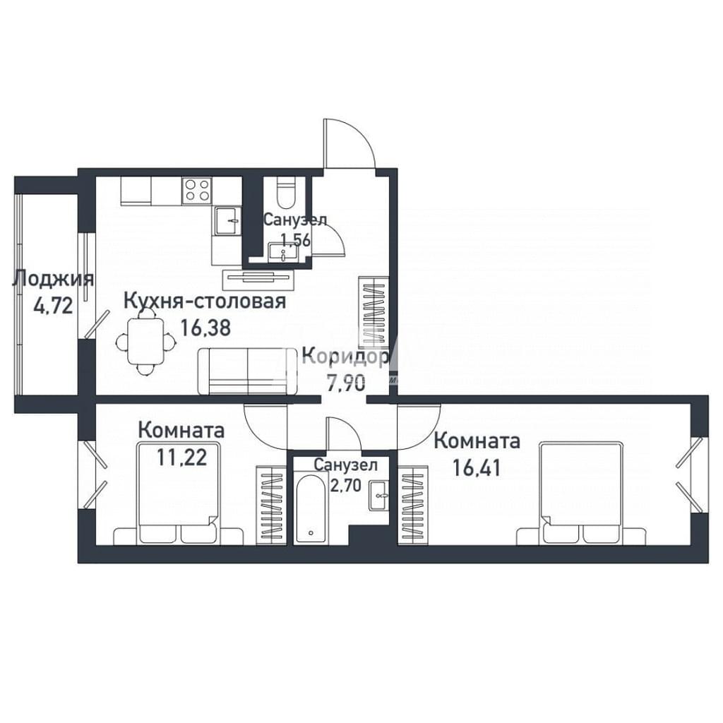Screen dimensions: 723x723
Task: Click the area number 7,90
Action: (x=345, y=383)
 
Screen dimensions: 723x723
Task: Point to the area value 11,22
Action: (x=181, y=457)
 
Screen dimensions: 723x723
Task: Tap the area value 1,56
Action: (x=296, y=240)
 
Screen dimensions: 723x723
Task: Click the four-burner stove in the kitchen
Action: (x=198, y=191)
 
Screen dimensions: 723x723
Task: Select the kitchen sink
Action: (x=227, y=221)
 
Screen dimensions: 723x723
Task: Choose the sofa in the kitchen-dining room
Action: (x=248, y=371)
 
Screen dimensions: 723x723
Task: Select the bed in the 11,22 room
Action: (x=179, y=493)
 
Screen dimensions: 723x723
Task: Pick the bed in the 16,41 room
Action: (x=582, y=493)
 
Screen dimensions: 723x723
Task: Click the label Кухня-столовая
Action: (x=205, y=301)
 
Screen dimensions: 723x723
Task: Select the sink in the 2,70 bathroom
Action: (x=378, y=495)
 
